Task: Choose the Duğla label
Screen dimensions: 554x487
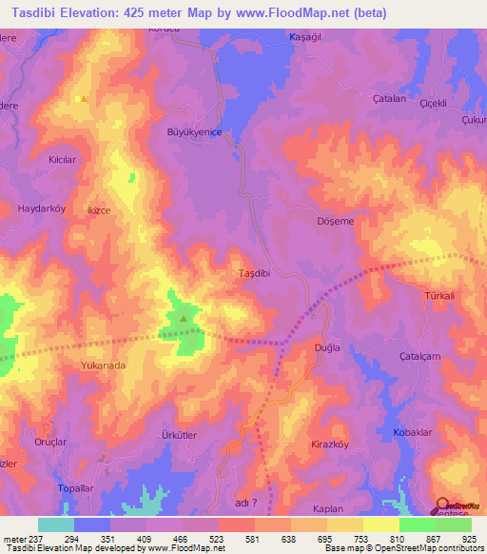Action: point(327,349)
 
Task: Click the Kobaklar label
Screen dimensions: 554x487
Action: point(413,434)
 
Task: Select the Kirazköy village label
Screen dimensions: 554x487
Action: point(333,445)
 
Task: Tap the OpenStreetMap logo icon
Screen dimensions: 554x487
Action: point(441,505)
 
